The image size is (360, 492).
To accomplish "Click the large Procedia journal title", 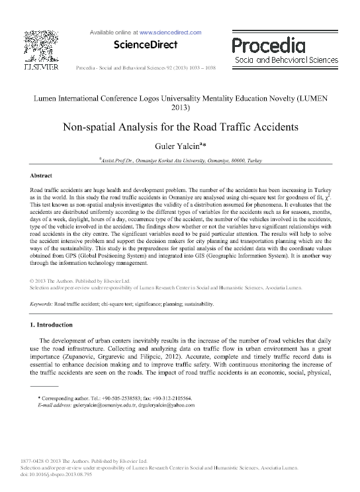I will coord(269,45).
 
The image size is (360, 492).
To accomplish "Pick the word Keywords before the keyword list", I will coord(42,304).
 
